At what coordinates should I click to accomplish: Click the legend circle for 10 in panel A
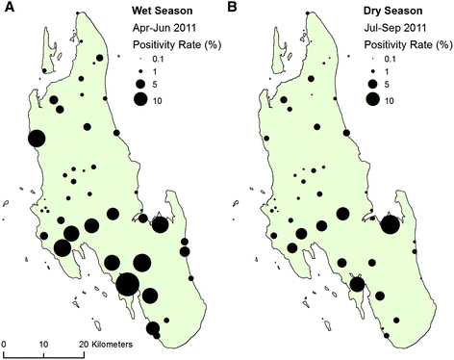click(x=140, y=99)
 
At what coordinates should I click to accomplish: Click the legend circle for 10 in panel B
click(x=369, y=99)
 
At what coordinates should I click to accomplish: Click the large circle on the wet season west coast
click(x=37, y=140)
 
